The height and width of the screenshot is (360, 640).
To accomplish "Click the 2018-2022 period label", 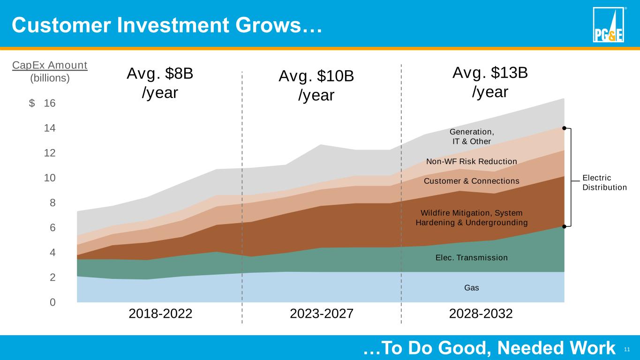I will tap(160, 314).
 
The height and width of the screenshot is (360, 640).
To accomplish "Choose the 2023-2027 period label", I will tap(322, 314).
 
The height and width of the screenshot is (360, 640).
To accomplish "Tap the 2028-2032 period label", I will tap(481, 314).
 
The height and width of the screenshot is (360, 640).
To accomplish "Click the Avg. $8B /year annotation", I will tap(160, 83).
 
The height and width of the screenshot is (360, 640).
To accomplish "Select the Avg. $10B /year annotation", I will tap(316, 85).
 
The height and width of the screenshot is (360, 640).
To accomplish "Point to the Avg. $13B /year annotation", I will tap(490, 82).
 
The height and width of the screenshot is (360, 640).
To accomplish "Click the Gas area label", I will tap(471, 288).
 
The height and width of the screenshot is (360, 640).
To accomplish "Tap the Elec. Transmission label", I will tap(471, 258).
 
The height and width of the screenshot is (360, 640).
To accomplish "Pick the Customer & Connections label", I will tap(471, 181).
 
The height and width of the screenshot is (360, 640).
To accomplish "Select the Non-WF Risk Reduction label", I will tap(471, 162).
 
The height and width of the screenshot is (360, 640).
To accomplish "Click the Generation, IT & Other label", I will tap(471, 136).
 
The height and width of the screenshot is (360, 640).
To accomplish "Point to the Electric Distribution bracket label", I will tap(604, 183).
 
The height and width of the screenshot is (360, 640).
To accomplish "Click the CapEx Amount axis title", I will tap(50, 65).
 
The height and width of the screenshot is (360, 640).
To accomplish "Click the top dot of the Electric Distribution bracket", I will tap(565, 127).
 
